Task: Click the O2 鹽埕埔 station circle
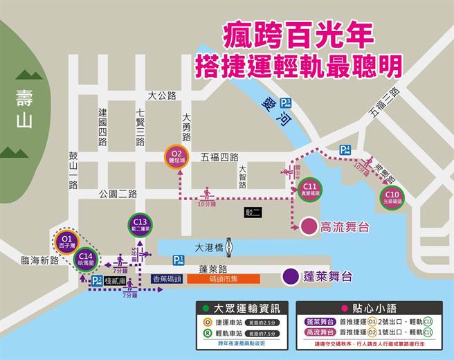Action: pos(176,156)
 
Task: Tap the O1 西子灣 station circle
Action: pos(66,242)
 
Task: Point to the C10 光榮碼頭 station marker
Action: pos(393,197)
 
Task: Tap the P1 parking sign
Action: pos(179,260)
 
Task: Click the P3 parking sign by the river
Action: pos(286,103)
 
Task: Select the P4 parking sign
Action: pos(345,150)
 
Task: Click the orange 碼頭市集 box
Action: pos(224,278)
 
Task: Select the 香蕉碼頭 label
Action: pos(166,278)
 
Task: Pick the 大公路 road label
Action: pos(162,96)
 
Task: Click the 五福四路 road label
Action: pos(219,157)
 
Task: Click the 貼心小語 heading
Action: pos(373,307)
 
